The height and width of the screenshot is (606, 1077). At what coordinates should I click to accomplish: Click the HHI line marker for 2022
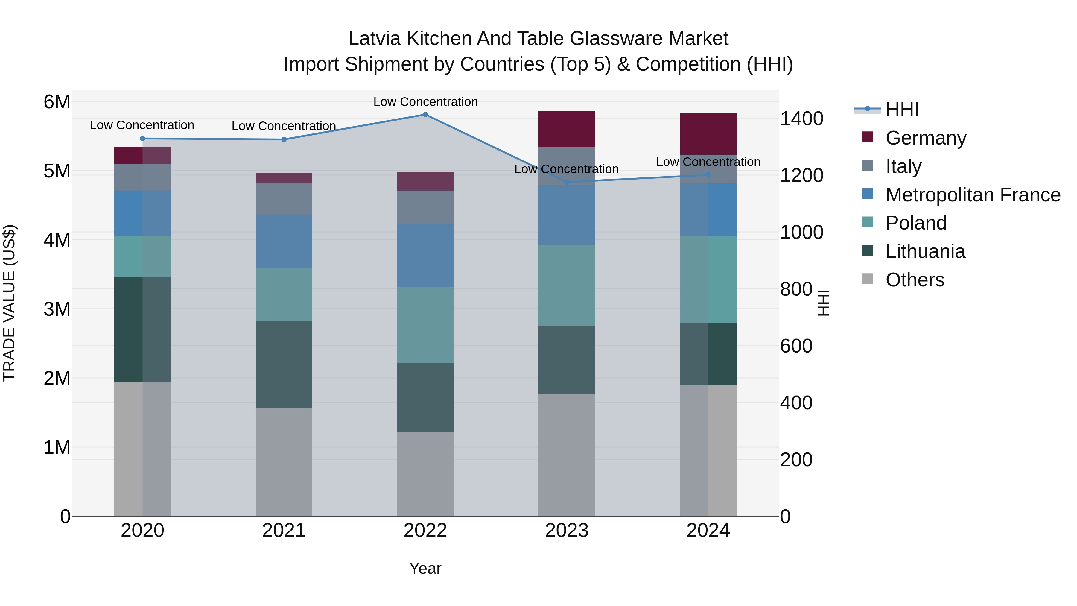(425, 115)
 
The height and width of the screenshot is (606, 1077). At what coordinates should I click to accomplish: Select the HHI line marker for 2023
(567, 182)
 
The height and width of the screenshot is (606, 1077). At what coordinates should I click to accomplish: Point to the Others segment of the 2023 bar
(567, 455)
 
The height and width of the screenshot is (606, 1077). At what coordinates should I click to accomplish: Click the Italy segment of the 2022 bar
(425, 207)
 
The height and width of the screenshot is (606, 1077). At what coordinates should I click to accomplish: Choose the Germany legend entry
(925, 138)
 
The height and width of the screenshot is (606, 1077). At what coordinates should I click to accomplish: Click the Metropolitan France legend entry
(973, 195)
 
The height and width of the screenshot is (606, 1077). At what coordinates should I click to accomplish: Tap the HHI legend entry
(902, 110)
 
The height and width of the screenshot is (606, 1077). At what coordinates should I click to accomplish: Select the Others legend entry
(914, 280)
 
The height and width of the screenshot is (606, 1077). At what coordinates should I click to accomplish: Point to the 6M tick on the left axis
(57, 102)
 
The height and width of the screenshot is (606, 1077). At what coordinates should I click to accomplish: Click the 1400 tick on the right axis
(801, 119)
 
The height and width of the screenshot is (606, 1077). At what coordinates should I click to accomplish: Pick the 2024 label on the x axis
(708, 531)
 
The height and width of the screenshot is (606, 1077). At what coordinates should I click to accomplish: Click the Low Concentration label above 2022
(425, 102)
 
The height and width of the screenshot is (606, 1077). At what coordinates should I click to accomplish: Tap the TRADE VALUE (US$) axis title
(9, 303)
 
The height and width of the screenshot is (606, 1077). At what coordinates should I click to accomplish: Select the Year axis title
(425, 568)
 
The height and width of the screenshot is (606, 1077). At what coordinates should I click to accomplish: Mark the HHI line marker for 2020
(143, 139)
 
